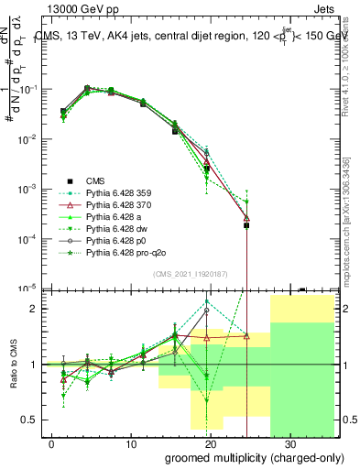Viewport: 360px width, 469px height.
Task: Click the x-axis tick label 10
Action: (x=131, y=442)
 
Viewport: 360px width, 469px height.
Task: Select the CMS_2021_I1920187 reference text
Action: (x=190, y=275)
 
